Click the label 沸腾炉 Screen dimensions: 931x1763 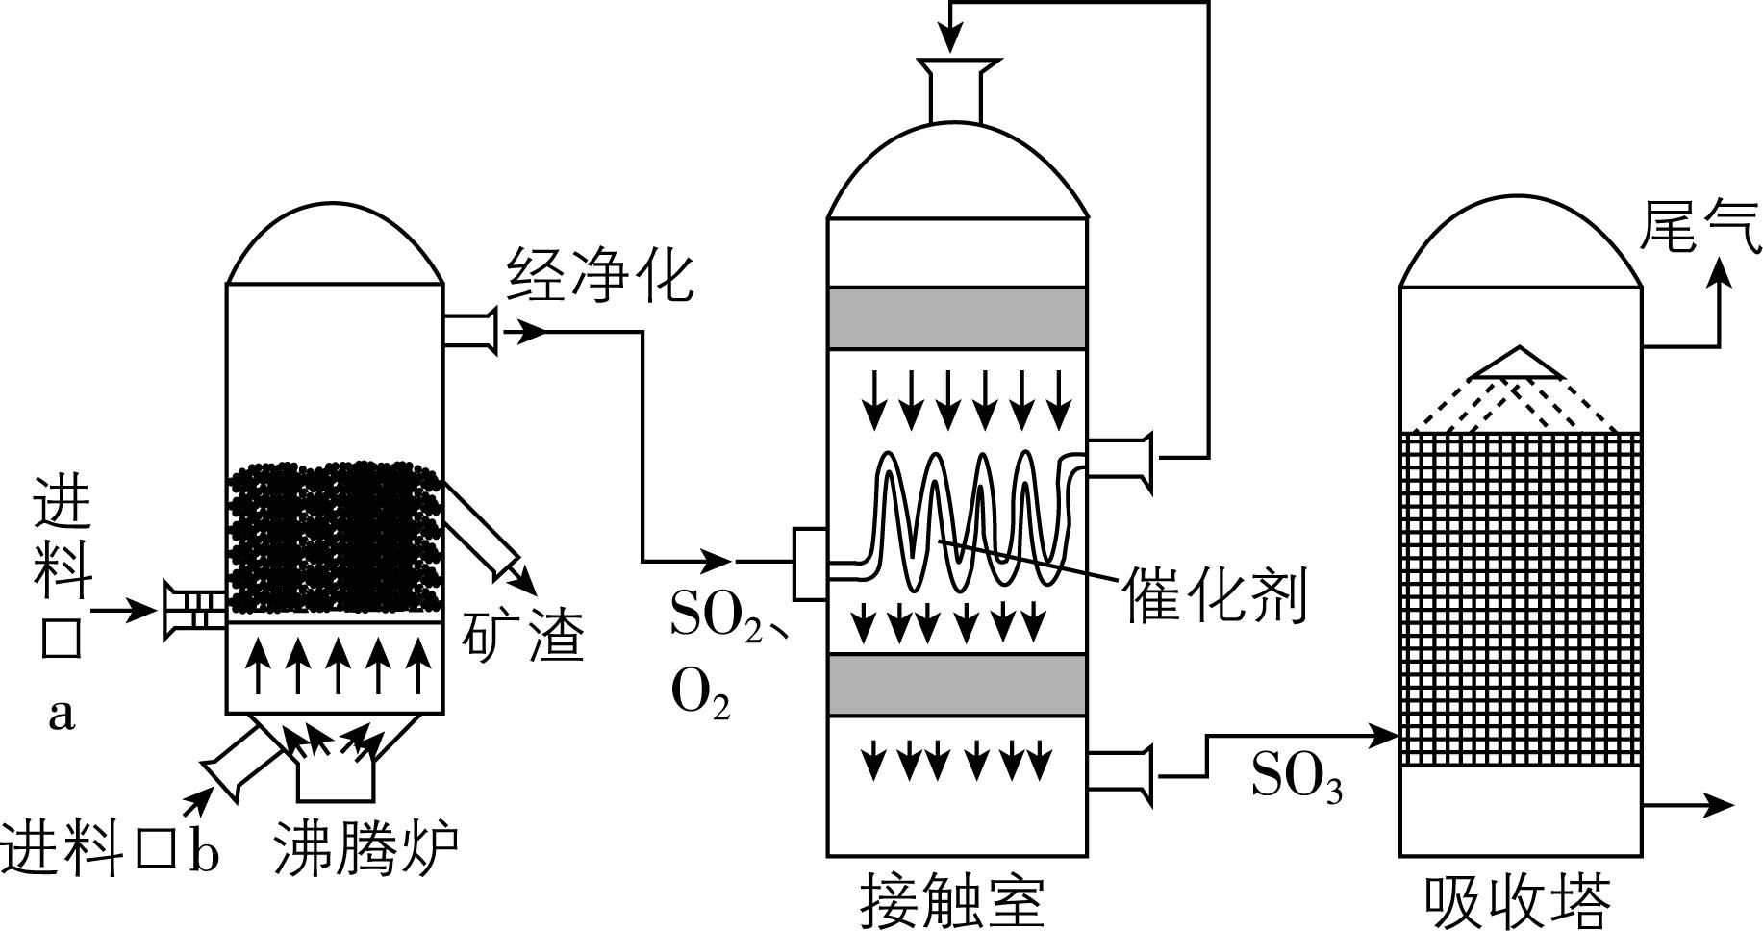click(365, 848)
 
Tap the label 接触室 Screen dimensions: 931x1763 click(952, 901)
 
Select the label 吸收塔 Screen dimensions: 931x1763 click(1518, 901)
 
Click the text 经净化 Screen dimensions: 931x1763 click(601, 275)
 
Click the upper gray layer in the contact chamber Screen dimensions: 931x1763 click(957, 317)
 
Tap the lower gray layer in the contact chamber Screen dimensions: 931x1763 click(957, 684)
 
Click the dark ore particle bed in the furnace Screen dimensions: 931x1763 click(335, 539)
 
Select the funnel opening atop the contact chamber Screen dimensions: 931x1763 click(957, 69)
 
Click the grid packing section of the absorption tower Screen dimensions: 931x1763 click(1520, 598)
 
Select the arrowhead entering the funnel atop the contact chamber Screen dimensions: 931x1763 click(950, 41)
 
